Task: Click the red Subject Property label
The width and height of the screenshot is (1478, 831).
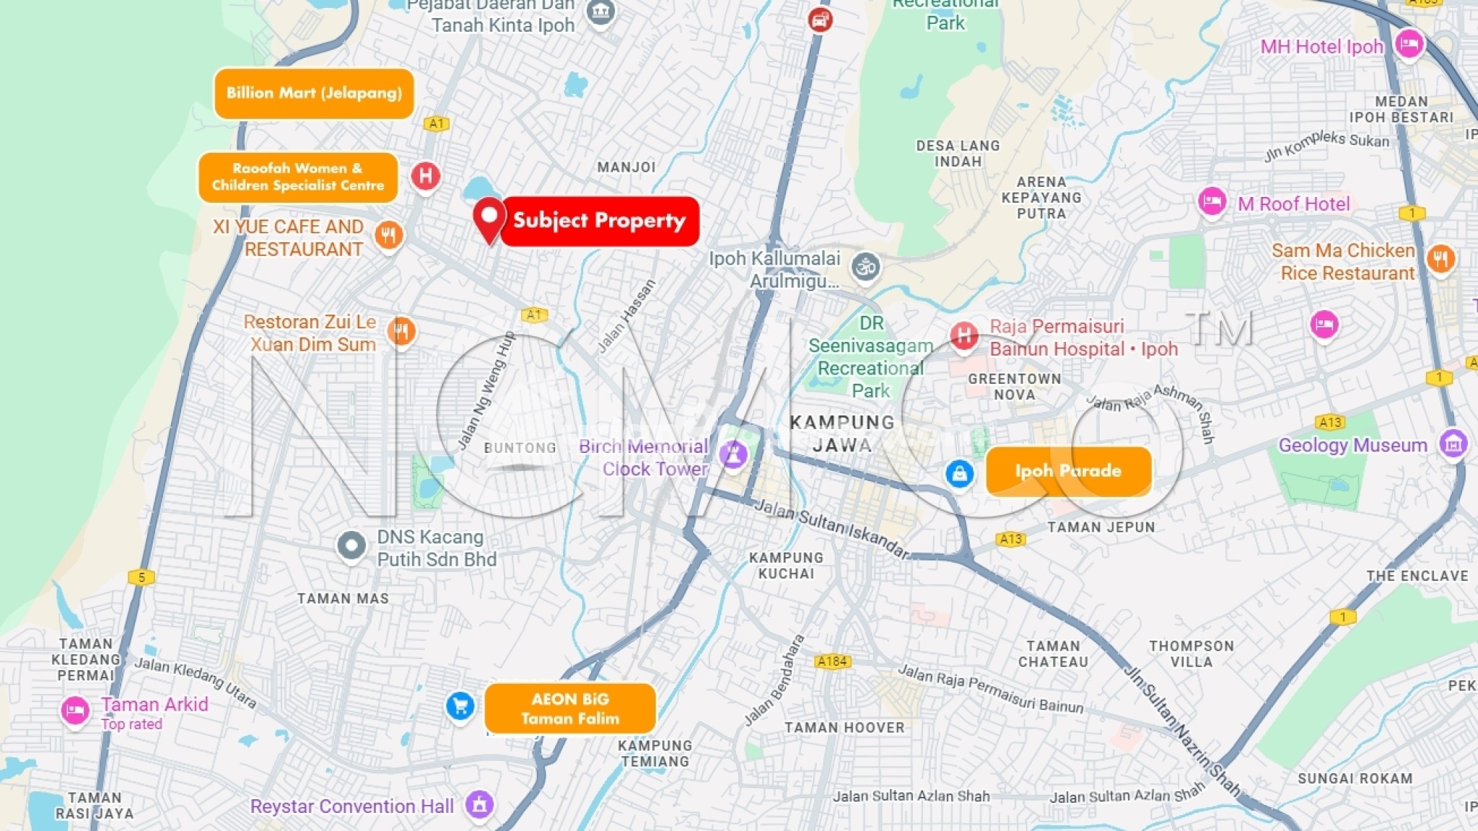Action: (600, 221)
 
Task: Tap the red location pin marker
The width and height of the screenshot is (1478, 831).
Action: (489, 219)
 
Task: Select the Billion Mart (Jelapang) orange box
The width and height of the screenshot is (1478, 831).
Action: (314, 93)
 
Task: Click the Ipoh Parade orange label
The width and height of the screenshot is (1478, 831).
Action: (1068, 471)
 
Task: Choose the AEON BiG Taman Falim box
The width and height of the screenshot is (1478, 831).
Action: (570, 708)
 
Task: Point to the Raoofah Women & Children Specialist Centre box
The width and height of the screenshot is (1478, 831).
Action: (298, 177)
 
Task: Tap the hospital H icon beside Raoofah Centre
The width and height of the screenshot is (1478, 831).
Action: (426, 176)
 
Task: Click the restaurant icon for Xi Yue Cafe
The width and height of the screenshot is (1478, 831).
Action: (388, 234)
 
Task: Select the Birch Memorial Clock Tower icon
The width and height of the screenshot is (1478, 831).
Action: (733, 455)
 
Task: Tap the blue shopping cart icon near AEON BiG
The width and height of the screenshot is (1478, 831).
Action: (460, 705)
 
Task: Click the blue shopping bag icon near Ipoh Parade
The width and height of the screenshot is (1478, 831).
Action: (959, 474)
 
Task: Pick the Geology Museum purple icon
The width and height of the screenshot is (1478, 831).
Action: (1453, 444)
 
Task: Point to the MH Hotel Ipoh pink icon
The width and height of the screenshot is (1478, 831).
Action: (1409, 45)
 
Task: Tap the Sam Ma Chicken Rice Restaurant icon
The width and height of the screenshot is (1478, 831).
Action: (1440, 258)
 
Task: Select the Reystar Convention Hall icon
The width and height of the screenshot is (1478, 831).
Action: (479, 804)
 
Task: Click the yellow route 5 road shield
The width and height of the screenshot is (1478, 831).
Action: (141, 577)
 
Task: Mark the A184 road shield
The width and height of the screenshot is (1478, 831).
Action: (832, 661)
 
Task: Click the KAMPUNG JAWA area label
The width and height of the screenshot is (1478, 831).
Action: (842, 434)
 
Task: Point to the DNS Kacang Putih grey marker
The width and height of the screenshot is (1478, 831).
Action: (351, 546)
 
